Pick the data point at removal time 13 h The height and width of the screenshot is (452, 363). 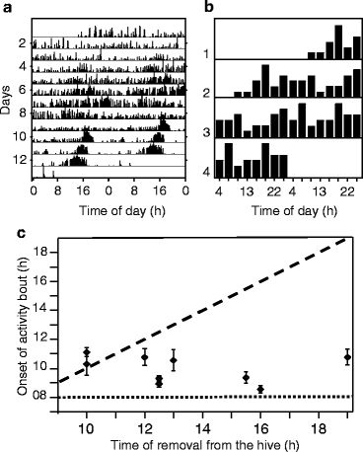pyautogui.click(x=174, y=360)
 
